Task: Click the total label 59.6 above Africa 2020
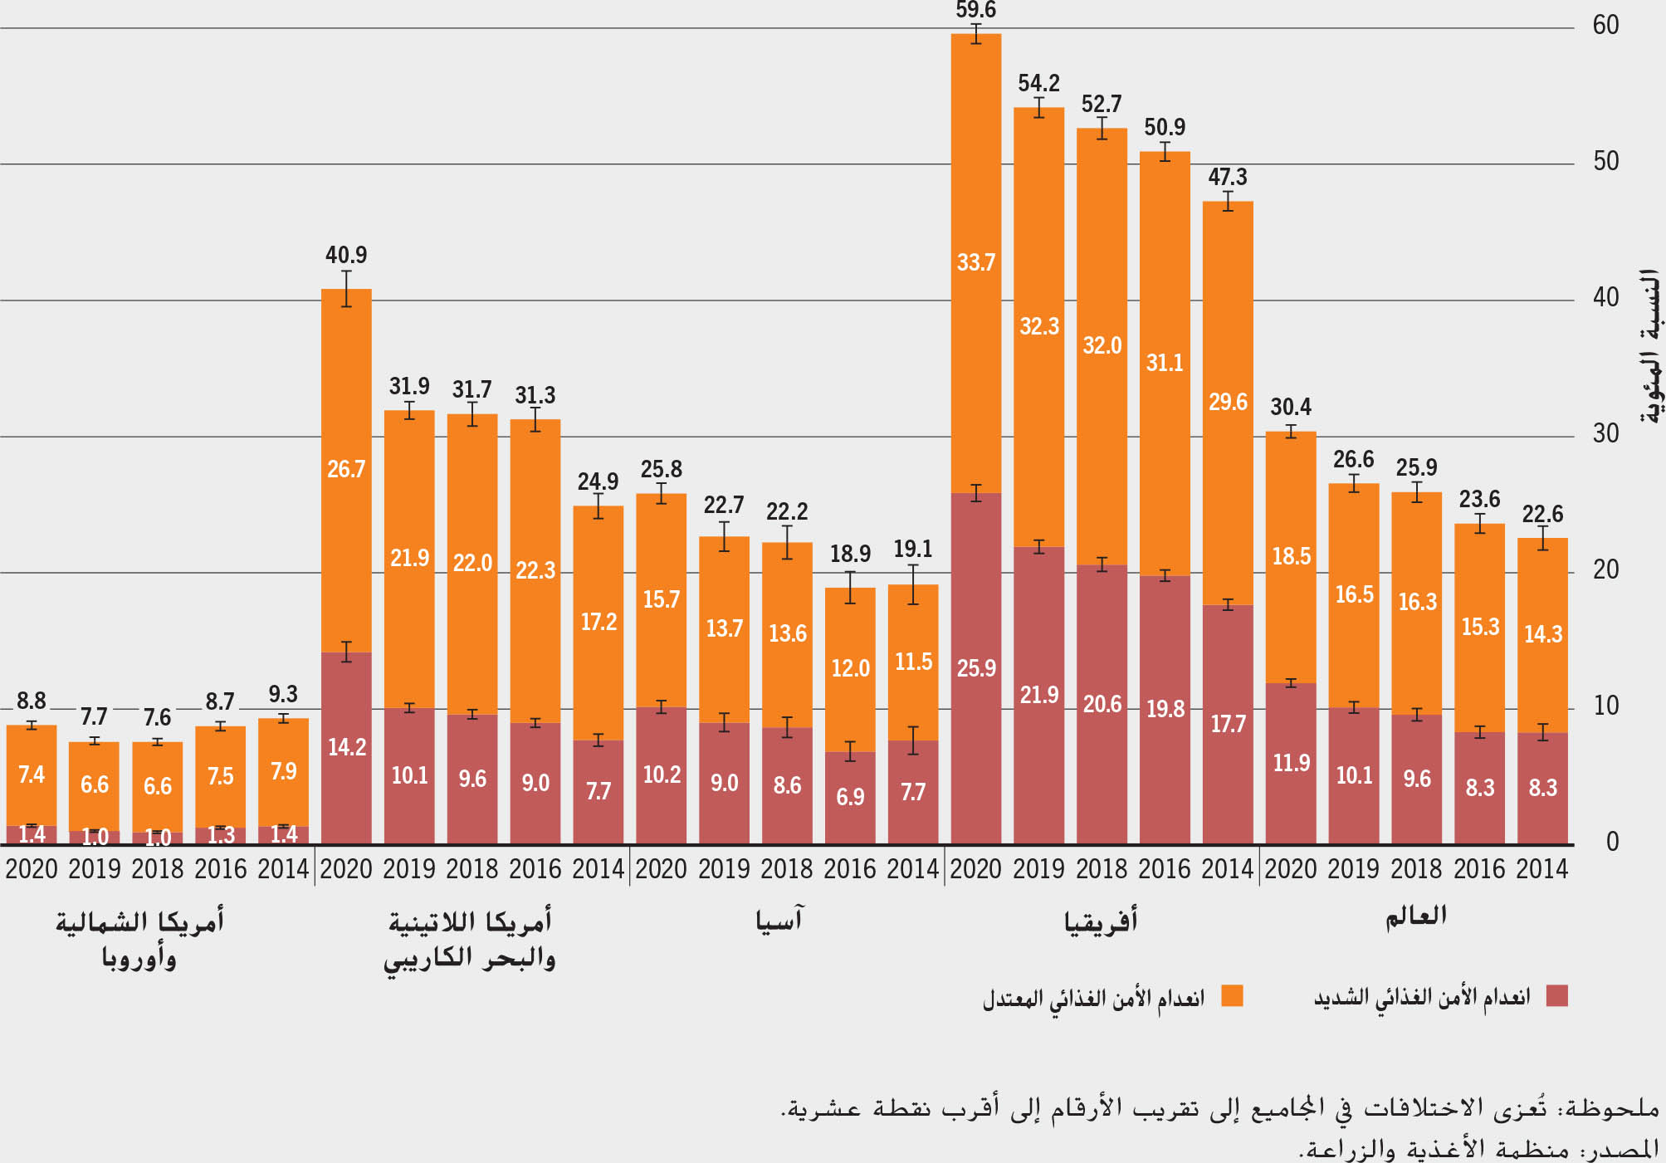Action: pos(975,11)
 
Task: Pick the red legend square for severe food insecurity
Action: pos(1557,995)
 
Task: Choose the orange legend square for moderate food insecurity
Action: pos(1232,995)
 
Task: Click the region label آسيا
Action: pos(779,920)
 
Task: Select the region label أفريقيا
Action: pos(1101,921)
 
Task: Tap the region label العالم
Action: pos(1415,916)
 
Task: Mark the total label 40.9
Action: pos(346,255)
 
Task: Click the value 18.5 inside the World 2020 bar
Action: pos(1292,556)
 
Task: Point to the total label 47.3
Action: pos(1228,177)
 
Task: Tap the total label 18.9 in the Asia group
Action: pos(850,554)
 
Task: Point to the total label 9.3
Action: pos(283,694)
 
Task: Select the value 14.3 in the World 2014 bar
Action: pos(1543,635)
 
